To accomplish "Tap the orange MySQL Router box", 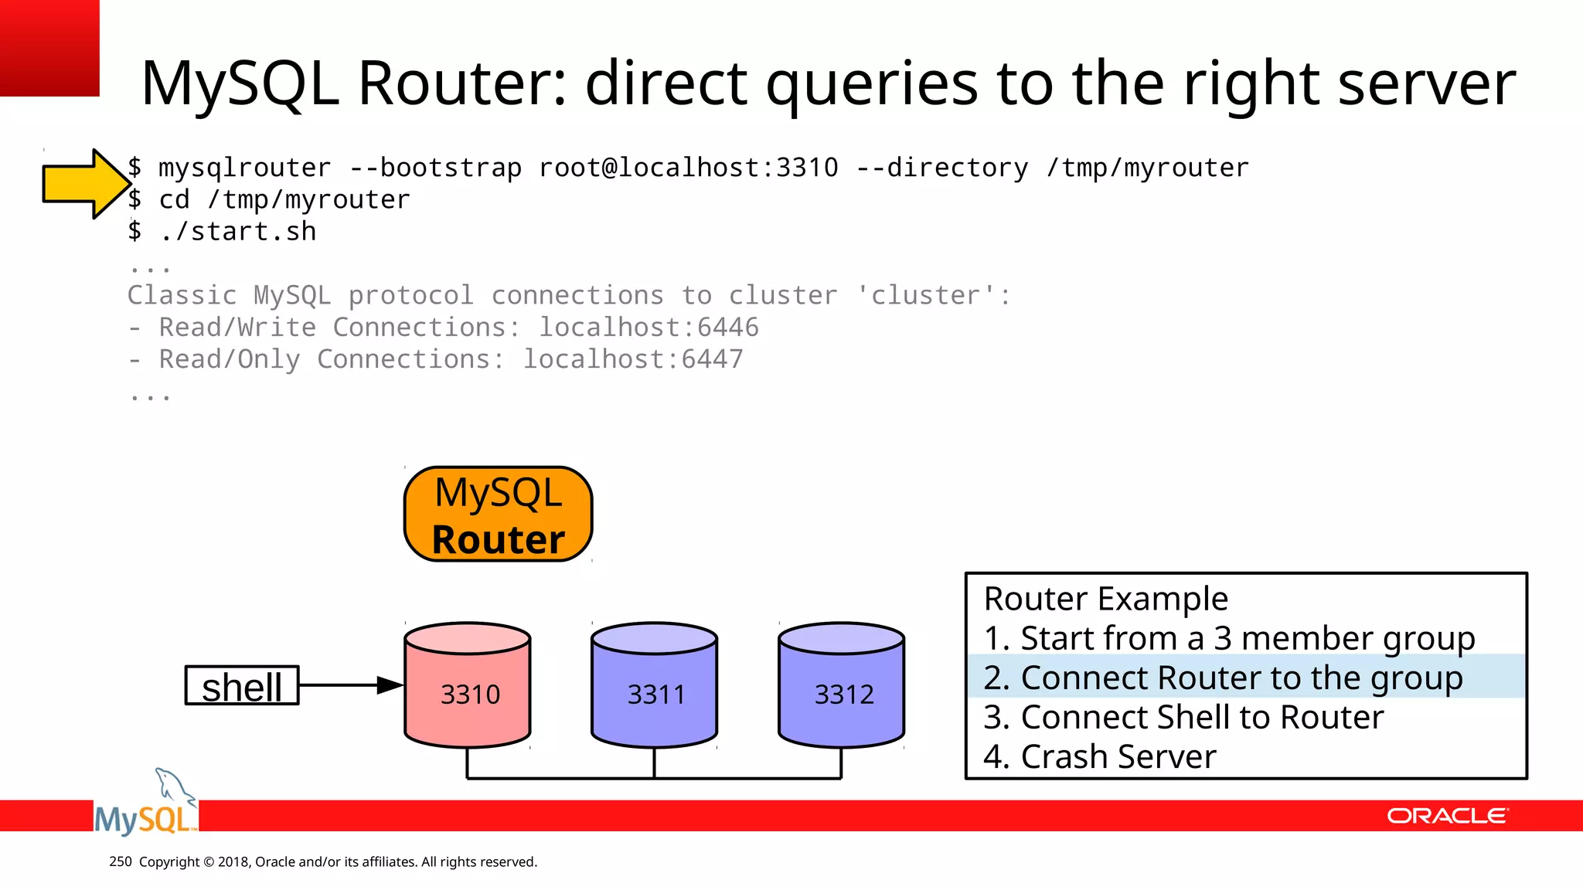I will click(498, 515).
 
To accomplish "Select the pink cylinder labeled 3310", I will click(468, 686).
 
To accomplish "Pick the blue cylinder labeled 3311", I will click(655, 686).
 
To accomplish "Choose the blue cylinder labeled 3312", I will click(842, 686).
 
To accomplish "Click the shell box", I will click(242, 686).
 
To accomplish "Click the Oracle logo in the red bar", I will click(1447, 817).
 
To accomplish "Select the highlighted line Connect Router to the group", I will click(1223, 678).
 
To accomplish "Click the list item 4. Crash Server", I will click(1100, 757).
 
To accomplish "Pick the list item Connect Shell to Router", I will click(1183, 718).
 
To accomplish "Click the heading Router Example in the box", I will click(1105, 599).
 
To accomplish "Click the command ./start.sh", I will click(238, 232).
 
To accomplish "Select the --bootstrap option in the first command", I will click(435, 168).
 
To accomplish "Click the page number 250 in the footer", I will click(121, 861).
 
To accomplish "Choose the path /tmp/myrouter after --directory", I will click(1147, 168).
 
